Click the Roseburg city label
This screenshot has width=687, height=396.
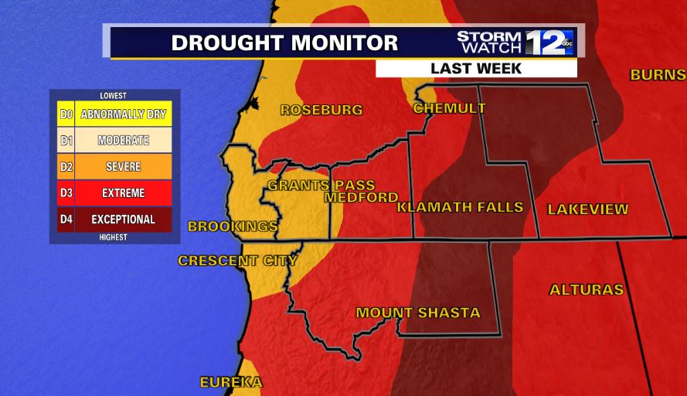(x=321, y=110)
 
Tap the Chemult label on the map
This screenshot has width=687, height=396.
(x=449, y=108)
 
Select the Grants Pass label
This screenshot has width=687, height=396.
(x=321, y=186)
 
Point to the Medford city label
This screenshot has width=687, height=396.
(x=361, y=198)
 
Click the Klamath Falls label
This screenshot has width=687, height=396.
(x=460, y=207)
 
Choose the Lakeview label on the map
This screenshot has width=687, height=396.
(x=587, y=210)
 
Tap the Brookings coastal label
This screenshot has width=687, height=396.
(x=233, y=227)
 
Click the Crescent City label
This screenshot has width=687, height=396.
(x=237, y=261)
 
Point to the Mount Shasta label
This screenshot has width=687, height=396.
(x=417, y=313)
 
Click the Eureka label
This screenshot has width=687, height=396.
(x=231, y=382)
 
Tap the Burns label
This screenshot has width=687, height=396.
(x=658, y=75)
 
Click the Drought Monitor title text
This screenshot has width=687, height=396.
(x=284, y=43)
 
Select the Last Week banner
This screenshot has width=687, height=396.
(x=476, y=68)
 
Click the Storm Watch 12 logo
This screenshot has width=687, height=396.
(x=514, y=42)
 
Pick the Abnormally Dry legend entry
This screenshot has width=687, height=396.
(x=124, y=114)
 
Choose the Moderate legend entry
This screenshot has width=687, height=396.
(x=124, y=141)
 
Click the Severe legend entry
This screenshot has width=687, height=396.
(x=124, y=167)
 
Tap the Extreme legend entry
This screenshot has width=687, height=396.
(x=124, y=193)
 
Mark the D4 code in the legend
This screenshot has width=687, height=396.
(x=66, y=220)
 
